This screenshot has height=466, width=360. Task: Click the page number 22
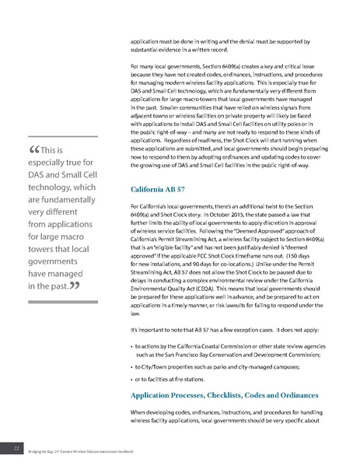(16, 448)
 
